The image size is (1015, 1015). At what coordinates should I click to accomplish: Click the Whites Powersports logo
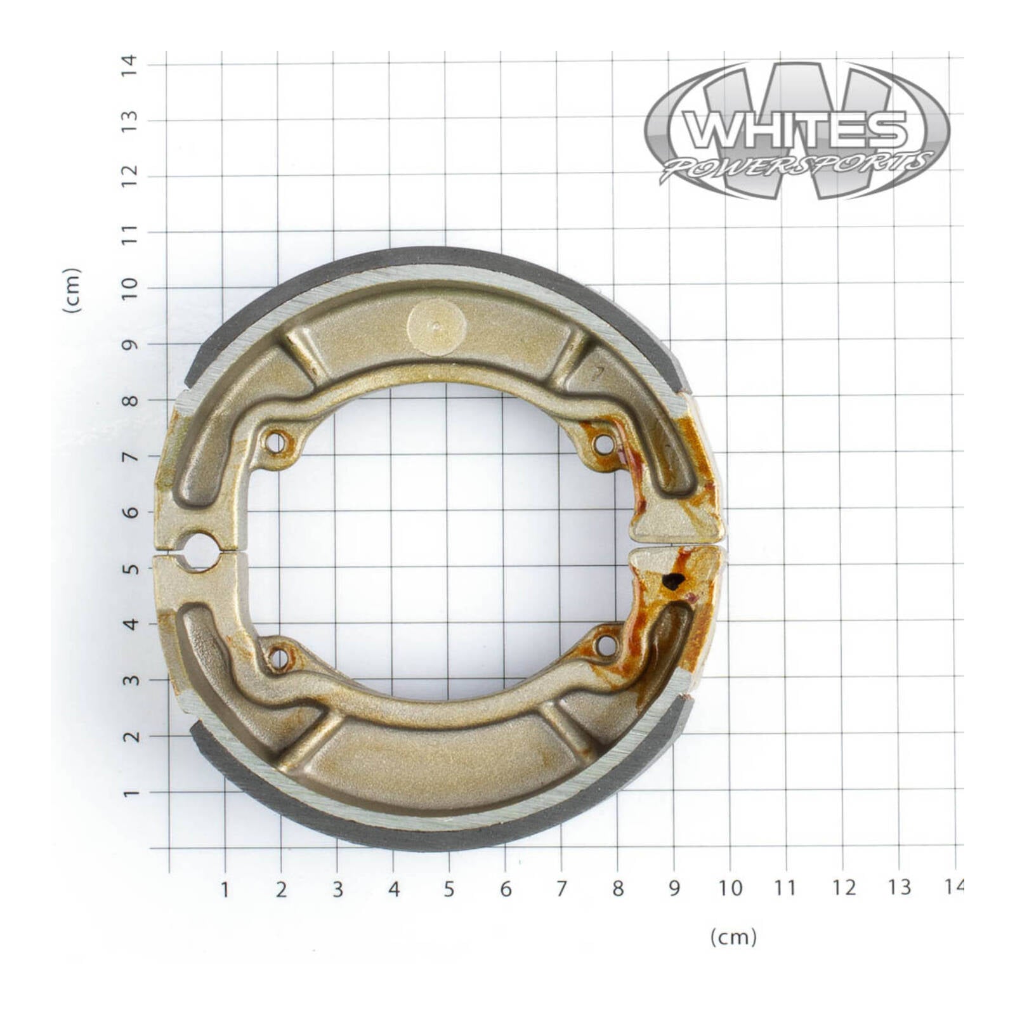(797, 131)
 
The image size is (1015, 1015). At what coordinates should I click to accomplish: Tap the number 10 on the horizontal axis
(730, 888)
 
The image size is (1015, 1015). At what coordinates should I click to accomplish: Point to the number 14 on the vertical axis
(129, 64)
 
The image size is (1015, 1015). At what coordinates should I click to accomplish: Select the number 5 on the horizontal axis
(449, 889)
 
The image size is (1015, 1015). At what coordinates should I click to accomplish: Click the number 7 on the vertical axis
(130, 456)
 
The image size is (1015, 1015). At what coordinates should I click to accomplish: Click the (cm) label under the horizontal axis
(733, 936)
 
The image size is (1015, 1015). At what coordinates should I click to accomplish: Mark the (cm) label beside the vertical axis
(72, 290)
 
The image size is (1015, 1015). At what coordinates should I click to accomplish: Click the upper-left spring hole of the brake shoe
(275, 442)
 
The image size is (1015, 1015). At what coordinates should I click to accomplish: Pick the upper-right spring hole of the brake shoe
(604, 445)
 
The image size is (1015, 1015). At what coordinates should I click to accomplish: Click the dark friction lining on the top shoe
(444, 255)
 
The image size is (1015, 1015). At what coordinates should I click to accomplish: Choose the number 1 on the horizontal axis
(225, 889)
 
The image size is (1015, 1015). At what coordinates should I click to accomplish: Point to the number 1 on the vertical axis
(130, 793)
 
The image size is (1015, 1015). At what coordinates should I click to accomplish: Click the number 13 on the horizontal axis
(899, 887)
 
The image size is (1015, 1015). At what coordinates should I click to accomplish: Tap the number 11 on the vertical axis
(129, 233)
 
